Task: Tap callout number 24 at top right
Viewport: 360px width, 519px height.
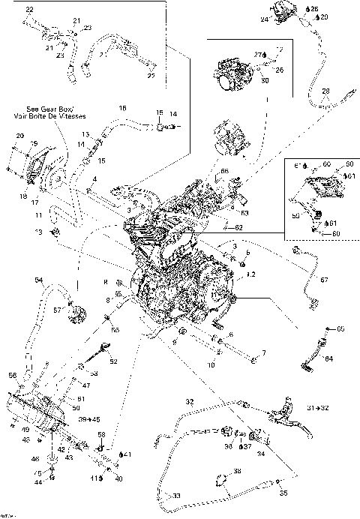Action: click(x=264, y=20)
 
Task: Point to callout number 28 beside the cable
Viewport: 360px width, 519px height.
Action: click(x=325, y=91)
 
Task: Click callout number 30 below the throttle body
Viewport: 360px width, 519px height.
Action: click(x=264, y=80)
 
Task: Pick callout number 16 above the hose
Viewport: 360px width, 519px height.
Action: click(x=123, y=109)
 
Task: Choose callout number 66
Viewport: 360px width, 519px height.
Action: click(x=223, y=171)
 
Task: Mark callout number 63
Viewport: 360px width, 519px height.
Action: click(x=245, y=213)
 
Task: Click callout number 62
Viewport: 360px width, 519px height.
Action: click(x=238, y=226)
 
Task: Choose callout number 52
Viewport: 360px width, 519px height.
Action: click(x=114, y=361)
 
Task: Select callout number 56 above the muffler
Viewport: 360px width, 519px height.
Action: click(x=12, y=375)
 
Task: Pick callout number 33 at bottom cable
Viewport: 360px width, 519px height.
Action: click(x=177, y=496)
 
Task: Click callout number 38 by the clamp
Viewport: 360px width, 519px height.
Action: click(x=237, y=471)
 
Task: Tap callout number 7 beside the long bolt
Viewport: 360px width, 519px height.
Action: click(x=262, y=352)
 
